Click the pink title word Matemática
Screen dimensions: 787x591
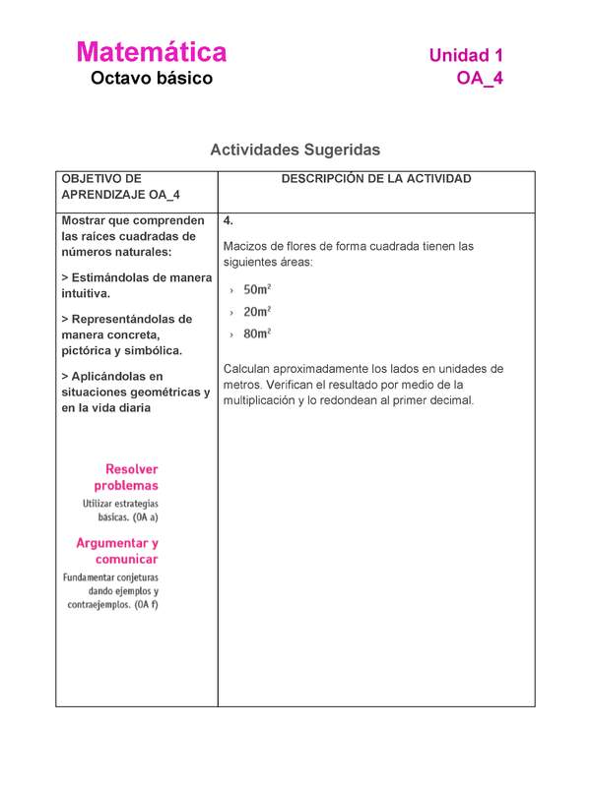[x=151, y=52]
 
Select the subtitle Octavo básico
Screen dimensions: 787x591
[x=151, y=79]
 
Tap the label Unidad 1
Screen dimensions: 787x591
[x=466, y=56]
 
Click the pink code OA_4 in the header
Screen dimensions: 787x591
[x=480, y=79]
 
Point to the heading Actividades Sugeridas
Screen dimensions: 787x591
[x=295, y=150]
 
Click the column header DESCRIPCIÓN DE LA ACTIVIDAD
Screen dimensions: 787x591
[x=375, y=179]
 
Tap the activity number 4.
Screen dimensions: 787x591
[x=229, y=220]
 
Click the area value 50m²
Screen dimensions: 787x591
[x=257, y=290]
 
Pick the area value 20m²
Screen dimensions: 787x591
[x=257, y=312]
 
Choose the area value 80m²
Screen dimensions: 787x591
[x=257, y=333]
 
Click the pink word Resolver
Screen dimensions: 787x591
[x=131, y=469]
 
